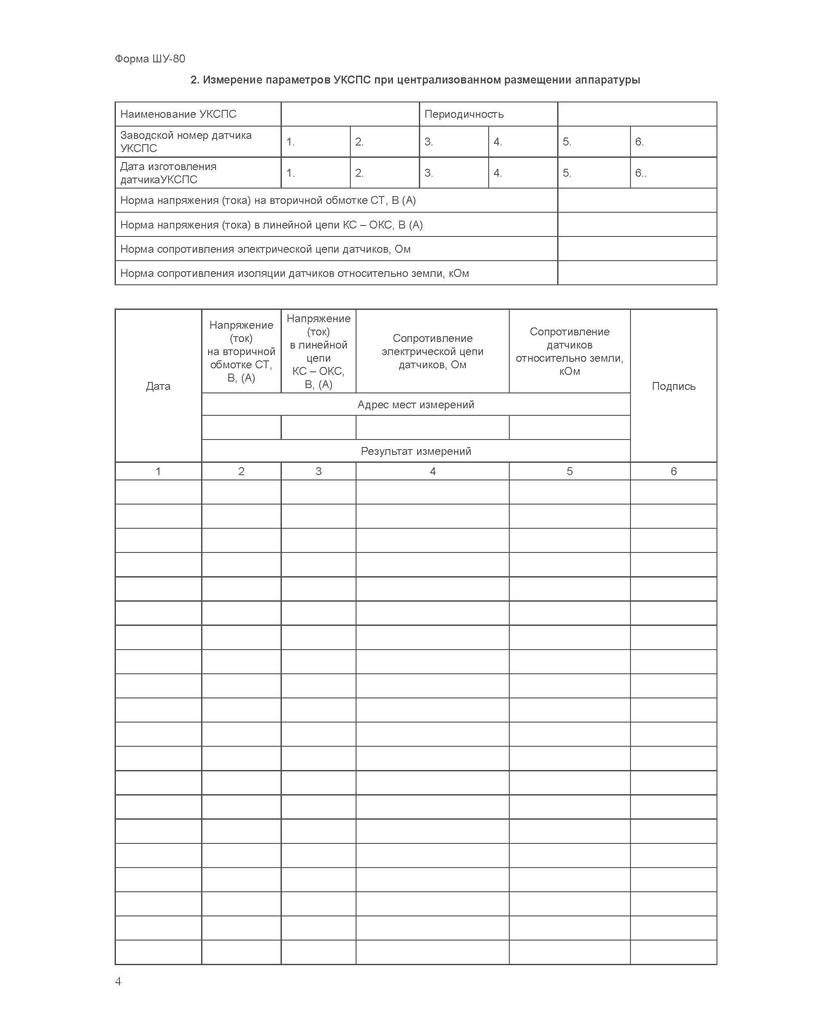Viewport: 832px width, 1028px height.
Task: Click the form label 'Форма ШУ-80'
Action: [x=150, y=59]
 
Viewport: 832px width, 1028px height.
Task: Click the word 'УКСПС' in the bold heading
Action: [x=352, y=80]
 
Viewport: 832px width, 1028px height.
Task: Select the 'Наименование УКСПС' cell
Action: [x=178, y=114]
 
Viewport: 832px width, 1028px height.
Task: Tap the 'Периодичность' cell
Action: [x=464, y=114]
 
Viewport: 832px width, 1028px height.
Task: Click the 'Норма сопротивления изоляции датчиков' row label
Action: [x=294, y=273]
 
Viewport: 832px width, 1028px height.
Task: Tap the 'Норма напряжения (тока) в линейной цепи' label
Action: [x=271, y=225]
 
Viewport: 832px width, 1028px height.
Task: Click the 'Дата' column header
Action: [x=158, y=386]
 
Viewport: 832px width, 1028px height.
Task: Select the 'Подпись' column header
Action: [x=674, y=386]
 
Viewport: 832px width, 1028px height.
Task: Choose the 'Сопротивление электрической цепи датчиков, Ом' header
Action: [x=432, y=352]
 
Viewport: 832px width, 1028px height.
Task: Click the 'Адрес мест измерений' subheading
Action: [x=415, y=405]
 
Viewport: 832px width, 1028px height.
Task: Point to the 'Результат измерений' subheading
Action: [x=415, y=451]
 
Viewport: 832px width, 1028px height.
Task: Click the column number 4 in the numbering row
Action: [x=432, y=472]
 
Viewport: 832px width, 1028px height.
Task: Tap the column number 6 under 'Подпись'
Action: [x=674, y=472]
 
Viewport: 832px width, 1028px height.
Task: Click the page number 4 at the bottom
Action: [x=118, y=981]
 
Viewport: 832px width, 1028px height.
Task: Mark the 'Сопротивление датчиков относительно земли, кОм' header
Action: [x=569, y=352]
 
